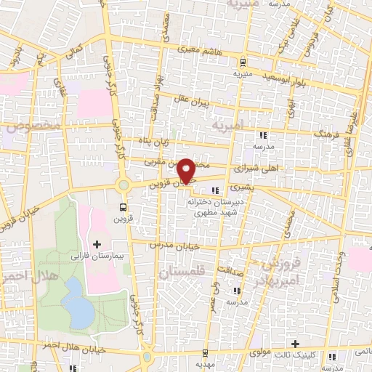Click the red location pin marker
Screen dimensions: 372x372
pyautogui.click(x=187, y=170)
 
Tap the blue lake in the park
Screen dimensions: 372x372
pyautogui.click(x=78, y=302)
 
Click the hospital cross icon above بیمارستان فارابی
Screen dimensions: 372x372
pyautogui.click(x=97, y=243)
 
